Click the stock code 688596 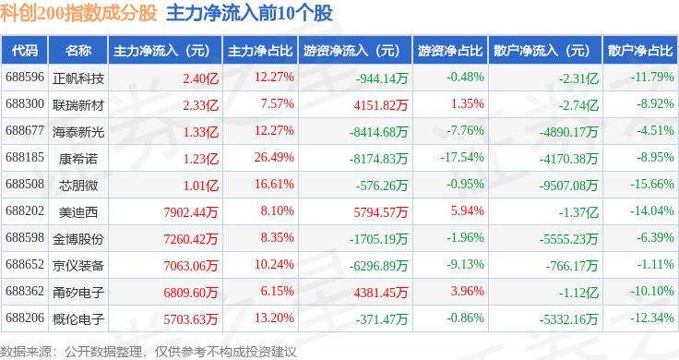25,78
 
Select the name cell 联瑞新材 78,105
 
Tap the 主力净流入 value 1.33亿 201,132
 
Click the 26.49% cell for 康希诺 274,157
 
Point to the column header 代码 25,51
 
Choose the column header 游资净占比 450,51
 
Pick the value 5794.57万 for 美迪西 381,211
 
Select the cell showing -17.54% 462,157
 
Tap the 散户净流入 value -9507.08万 568,186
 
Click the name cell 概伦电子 78,318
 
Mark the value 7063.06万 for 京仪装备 191,265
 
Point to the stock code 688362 25,291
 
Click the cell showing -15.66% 652,184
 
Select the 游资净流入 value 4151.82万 381,105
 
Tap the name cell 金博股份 78,239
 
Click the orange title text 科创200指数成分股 78,13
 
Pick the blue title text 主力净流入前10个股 250,13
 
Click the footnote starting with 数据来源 149,352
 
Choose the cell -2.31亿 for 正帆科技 578,78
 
